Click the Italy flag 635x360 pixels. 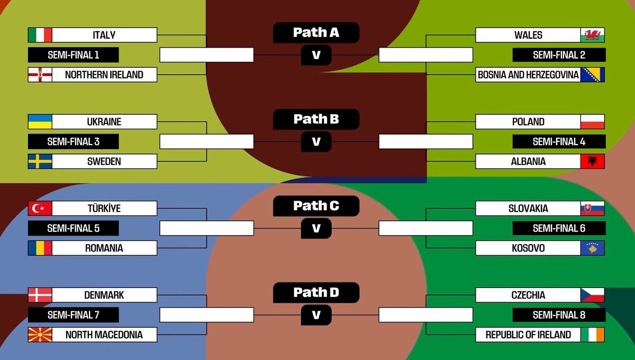click(x=40, y=35)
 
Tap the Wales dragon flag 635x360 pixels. click(x=593, y=35)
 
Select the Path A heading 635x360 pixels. click(x=316, y=33)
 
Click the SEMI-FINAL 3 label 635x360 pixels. click(x=73, y=141)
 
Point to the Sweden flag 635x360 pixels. click(x=40, y=161)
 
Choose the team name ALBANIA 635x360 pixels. click(x=528, y=161)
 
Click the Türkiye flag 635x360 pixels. click(x=40, y=209)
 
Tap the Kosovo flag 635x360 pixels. click(x=593, y=248)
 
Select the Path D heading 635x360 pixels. click(x=316, y=292)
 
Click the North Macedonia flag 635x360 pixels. click(x=40, y=335)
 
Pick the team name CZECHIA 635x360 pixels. click(x=528, y=295)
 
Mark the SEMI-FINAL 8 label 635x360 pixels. click(x=559, y=315)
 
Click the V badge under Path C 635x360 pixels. click(x=316, y=228)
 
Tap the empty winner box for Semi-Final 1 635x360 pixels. click(x=206, y=55)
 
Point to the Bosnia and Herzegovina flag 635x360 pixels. click(x=593, y=75)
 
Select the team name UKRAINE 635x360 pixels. click(x=104, y=122)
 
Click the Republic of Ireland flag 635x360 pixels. click(x=593, y=335)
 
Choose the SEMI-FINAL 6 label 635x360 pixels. click(x=559, y=228)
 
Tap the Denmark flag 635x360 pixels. click(x=40, y=295)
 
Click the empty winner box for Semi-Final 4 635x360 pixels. click(x=425, y=141)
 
